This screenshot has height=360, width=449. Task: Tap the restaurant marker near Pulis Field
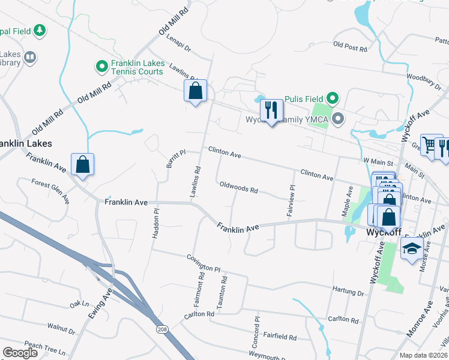[x=272, y=110]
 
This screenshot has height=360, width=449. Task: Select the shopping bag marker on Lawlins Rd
[x=195, y=92]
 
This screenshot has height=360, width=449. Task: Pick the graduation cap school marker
[x=412, y=248]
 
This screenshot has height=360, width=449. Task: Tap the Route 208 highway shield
[x=162, y=329]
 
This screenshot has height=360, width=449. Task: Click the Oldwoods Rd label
[x=238, y=188]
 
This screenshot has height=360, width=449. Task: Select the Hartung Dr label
[x=348, y=290]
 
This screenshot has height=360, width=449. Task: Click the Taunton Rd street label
[x=223, y=292]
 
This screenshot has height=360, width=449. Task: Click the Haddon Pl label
[x=155, y=223]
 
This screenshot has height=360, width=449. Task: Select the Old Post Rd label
[x=349, y=46]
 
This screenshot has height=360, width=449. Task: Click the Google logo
[x=20, y=353]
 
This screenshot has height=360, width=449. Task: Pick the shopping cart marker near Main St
[x=428, y=144]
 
